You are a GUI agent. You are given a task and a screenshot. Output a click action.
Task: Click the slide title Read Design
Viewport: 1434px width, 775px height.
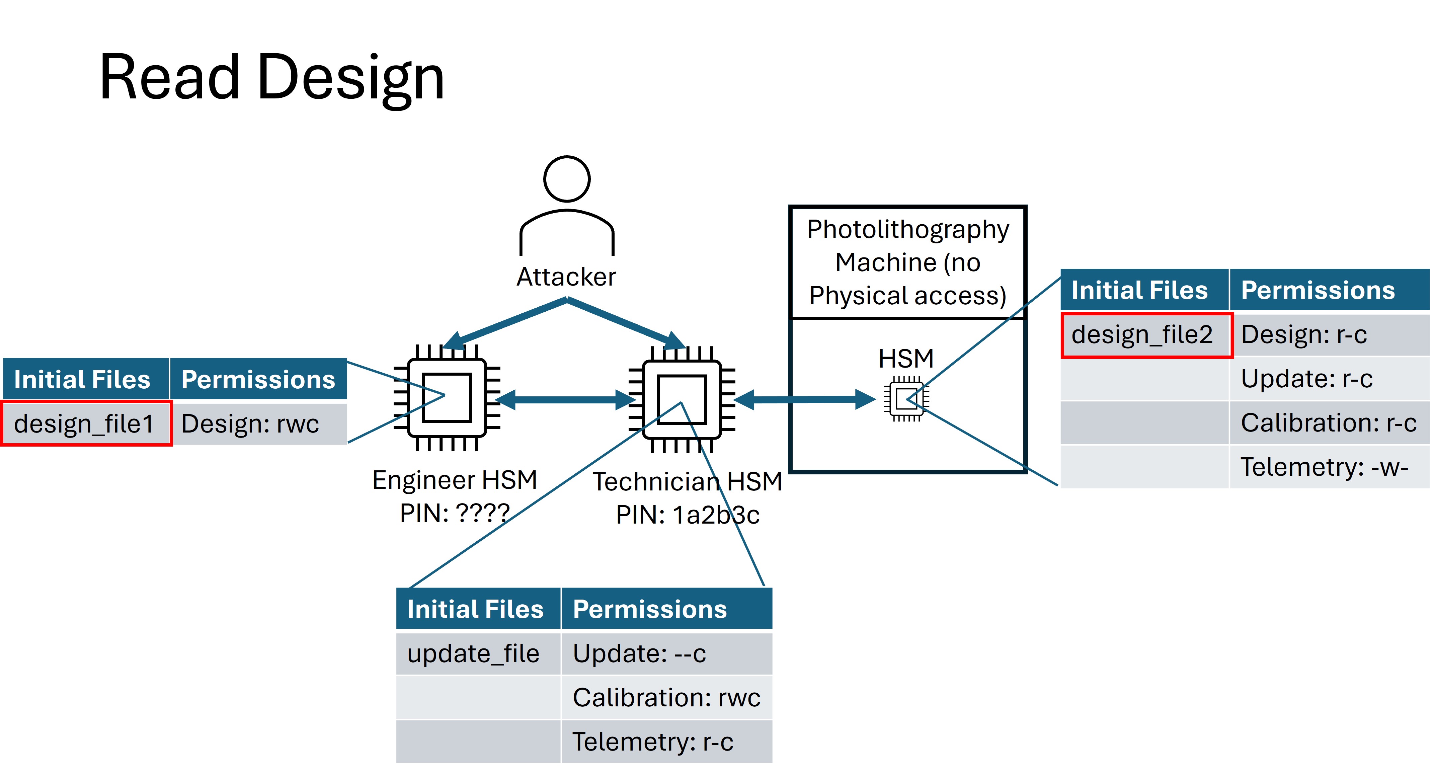pos(272,78)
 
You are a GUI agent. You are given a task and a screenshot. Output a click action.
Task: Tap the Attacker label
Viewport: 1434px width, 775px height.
pos(566,277)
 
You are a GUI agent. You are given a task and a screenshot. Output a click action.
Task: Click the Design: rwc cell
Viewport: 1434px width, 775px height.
pos(258,424)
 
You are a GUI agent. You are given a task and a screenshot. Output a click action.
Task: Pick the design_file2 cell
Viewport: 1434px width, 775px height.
pos(1146,335)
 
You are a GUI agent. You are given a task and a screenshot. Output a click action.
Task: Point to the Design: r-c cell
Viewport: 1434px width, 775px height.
pos(1328,335)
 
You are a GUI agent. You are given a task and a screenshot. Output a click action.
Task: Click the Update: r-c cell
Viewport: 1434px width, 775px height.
pos(1328,379)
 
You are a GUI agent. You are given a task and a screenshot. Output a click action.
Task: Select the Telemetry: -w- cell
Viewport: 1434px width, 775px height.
pos(1328,467)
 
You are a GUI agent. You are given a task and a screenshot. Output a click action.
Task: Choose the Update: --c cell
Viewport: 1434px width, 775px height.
pos(666,653)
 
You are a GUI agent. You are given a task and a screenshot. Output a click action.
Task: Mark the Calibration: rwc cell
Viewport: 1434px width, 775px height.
pos(666,698)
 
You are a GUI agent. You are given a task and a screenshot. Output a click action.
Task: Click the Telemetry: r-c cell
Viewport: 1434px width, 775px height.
pos(666,742)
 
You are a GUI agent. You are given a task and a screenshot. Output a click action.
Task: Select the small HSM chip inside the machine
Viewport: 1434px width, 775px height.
pos(906,399)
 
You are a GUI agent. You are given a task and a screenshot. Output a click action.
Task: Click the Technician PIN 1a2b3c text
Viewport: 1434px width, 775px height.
pos(688,515)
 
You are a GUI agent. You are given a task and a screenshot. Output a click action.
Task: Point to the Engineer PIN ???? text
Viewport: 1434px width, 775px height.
pos(454,513)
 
